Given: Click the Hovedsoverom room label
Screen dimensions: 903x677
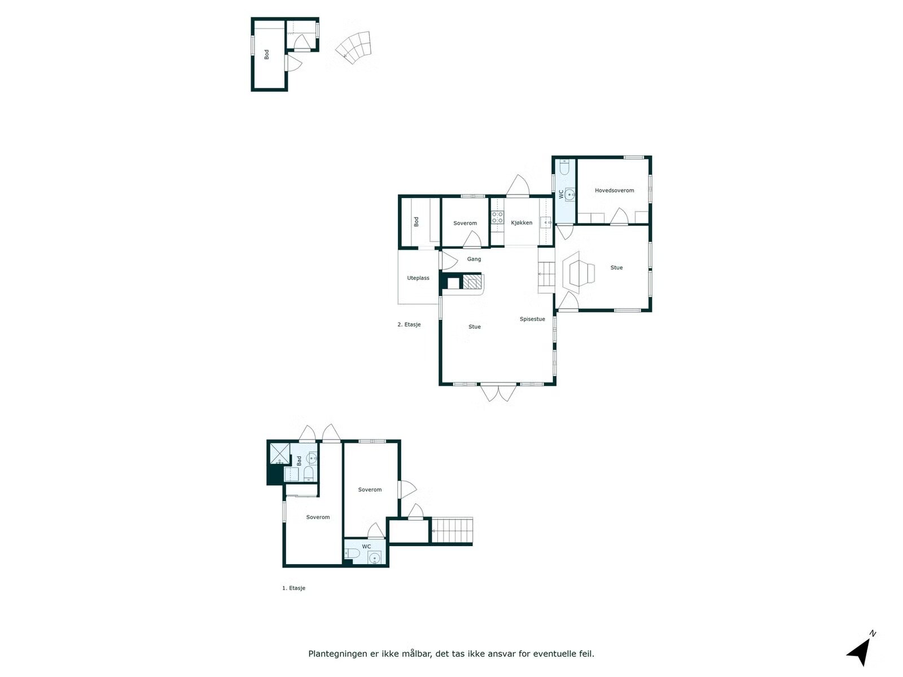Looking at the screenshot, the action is [x=614, y=190].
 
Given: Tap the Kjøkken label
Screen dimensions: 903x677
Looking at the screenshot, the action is [x=521, y=223].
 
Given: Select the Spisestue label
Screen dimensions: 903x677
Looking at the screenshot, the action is [x=532, y=319].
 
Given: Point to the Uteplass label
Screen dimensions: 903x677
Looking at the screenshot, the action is [x=418, y=278].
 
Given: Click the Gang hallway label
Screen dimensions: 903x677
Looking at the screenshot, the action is [x=474, y=259].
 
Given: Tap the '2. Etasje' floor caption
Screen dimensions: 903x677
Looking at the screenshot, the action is [x=409, y=324].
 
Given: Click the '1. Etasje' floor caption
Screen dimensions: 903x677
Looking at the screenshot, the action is [x=293, y=588].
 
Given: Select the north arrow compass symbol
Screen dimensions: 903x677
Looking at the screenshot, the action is [x=860, y=651].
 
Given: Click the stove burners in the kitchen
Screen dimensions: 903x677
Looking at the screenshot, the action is [x=497, y=217].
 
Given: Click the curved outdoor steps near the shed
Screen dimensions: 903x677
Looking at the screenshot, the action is [x=353, y=47].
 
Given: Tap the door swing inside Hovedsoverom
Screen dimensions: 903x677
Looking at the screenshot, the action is [x=619, y=217].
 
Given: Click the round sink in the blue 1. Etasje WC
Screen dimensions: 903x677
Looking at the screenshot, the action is [x=374, y=558].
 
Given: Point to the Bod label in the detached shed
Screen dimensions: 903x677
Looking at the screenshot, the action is [x=266, y=54].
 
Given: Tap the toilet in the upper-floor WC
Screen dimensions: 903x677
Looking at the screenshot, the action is [x=564, y=169].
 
